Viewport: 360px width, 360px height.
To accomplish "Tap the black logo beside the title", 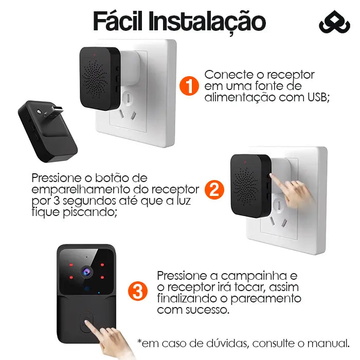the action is (334, 22).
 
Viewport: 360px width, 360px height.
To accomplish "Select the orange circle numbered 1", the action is (189, 86).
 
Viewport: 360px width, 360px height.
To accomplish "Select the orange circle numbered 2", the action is (214, 189).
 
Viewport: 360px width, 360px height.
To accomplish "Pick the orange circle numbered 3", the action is (138, 291).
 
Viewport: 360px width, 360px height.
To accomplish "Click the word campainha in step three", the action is (251, 276).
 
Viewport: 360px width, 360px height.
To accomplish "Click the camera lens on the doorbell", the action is (87, 272).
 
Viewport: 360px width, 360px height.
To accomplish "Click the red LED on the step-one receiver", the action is (94, 55).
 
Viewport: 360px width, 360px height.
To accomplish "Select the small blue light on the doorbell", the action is (99, 293).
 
